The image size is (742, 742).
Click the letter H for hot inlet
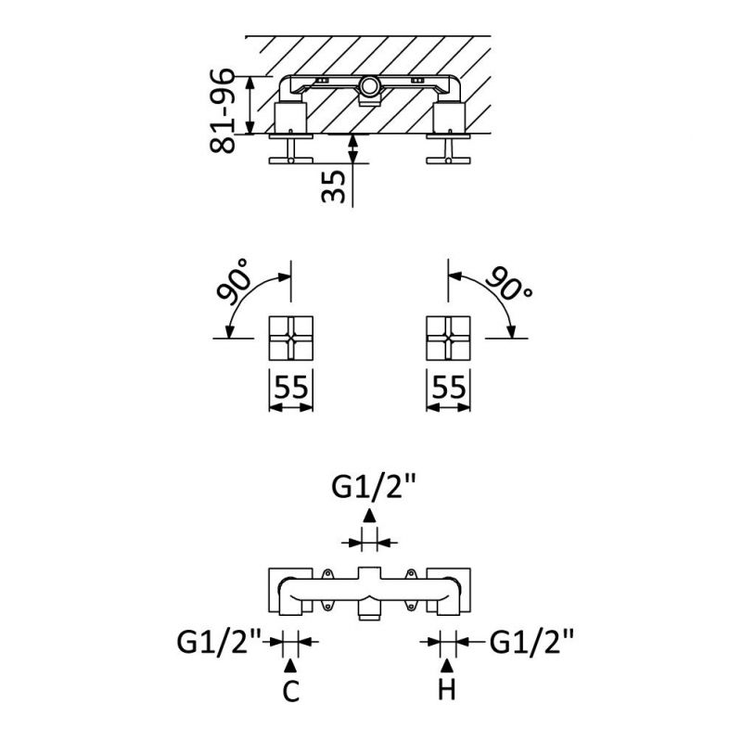pyautogui.click(x=449, y=691)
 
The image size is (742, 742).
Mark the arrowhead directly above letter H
pyautogui.click(x=449, y=665)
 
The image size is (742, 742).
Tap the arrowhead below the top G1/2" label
pyautogui.click(x=370, y=518)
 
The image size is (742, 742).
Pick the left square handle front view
pyautogui.click(x=292, y=339)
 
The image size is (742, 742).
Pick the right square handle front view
pyautogui.click(x=449, y=339)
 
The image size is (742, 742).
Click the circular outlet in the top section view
pyautogui.click(x=370, y=88)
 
